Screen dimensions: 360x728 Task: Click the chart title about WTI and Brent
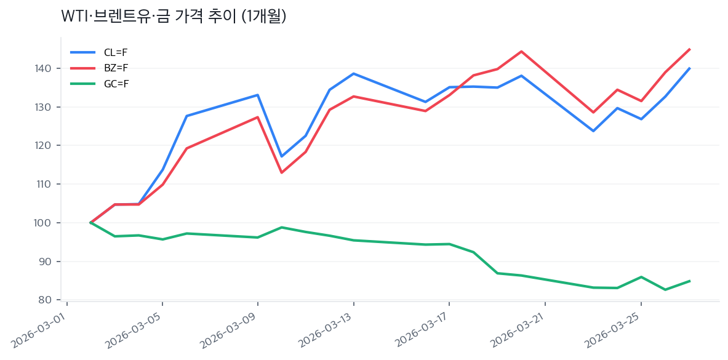tap(174, 17)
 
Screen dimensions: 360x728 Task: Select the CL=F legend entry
tap(116, 52)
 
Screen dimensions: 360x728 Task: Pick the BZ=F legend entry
tap(116, 68)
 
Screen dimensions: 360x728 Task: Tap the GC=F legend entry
tap(116, 84)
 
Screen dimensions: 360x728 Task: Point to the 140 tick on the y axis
tap(49, 68)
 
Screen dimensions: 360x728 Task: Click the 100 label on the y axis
tap(49, 223)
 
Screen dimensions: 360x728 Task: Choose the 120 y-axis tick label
tap(49, 146)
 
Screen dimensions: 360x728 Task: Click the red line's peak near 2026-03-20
tap(521, 51)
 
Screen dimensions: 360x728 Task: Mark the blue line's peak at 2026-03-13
tap(353, 74)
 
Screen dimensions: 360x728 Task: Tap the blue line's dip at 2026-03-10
tap(281, 156)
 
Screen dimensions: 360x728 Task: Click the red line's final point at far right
tap(689, 49)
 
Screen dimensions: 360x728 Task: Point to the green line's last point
tap(689, 281)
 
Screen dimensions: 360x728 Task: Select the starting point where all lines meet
tap(90, 223)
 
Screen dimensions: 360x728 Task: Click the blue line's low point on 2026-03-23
tap(593, 131)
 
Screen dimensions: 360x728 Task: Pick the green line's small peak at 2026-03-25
tap(641, 277)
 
